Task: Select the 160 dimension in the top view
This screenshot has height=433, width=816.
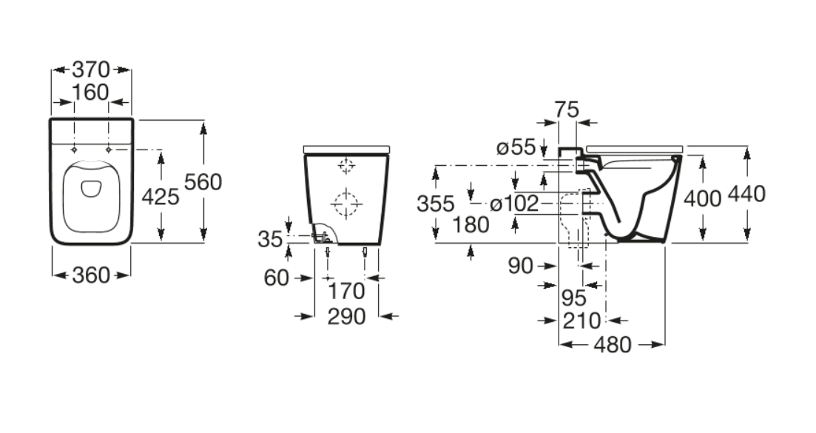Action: click(x=91, y=93)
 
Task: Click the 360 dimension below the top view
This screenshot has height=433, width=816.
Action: click(x=91, y=275)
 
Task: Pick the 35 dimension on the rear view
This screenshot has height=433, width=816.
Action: click(x=270, y=238)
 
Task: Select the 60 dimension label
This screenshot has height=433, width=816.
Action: click(x=276, y=278)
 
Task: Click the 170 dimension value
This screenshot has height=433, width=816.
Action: click(x=346, y=290)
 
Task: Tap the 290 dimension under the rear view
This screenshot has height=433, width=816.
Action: click(x=346, y=316)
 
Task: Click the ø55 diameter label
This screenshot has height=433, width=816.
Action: click(x=516, y=147)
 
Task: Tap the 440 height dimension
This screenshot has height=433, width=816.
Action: click(x=746, y=195)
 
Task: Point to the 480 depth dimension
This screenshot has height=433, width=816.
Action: click(x=611, y=344)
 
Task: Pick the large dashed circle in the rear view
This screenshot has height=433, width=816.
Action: click(x=345, y=201)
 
